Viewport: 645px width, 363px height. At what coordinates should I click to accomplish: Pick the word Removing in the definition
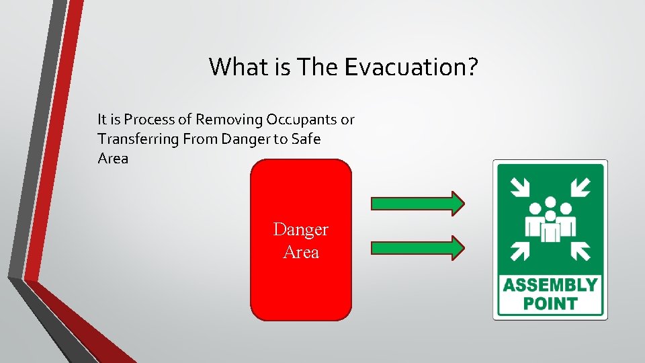(229, 120)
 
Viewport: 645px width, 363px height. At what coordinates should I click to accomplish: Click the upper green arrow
(417, 202)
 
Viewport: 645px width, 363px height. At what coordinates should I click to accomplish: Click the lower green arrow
(417, 247)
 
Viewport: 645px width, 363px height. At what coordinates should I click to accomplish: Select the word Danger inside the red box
(301, 230)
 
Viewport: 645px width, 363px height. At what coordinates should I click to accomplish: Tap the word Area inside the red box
(301, 253)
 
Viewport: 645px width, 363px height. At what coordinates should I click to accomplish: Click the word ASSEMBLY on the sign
(550, 285)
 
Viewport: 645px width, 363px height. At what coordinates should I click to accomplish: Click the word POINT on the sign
(550, 304)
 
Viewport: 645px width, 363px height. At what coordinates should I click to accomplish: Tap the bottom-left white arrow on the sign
(518, 251)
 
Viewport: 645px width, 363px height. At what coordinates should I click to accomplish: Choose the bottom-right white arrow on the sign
(581, 251)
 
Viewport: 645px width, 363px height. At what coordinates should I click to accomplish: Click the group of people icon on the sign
(550, 218)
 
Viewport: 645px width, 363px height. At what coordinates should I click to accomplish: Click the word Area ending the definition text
(112, 159)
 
